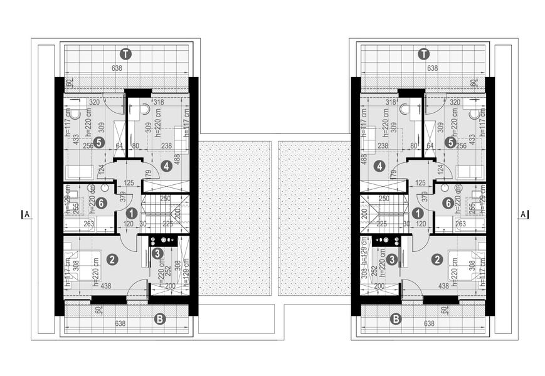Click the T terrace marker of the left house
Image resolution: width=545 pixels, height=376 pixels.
click(x=127, y=54)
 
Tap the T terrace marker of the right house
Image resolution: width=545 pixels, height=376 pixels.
click(x=425, y=54)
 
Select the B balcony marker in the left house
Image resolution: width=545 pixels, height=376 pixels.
click(x=160, y=319)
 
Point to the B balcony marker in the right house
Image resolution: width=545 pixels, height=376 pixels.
click(x=396, y=319)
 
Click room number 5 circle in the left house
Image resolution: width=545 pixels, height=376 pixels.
click(x=100, y=142)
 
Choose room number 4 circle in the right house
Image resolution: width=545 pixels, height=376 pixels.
click(x=379, y=167)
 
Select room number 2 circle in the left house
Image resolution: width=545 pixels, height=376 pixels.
click(x=112, y=259)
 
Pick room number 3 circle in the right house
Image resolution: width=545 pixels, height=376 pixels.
click(x=391, y=258)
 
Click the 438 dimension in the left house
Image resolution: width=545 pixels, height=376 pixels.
click(x=105, y=286)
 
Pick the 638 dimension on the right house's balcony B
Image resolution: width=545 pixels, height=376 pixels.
click(x=430, y=325)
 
